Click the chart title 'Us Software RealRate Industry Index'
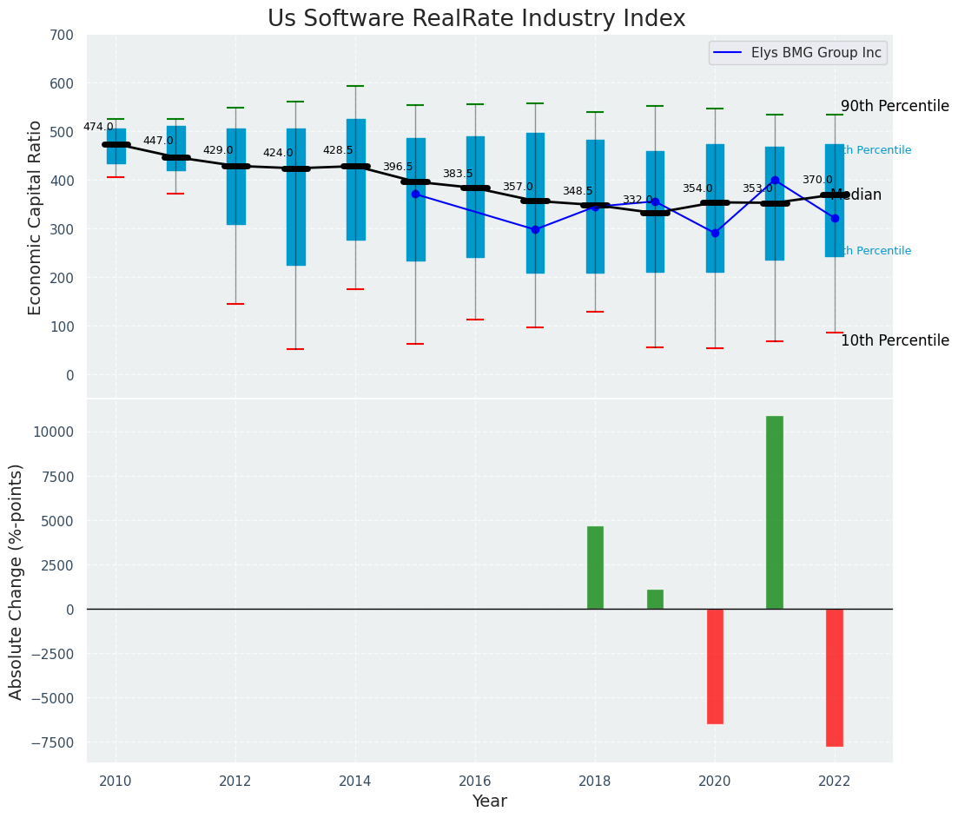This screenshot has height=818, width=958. coord(476,19)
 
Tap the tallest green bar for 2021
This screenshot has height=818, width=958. coord(774,512)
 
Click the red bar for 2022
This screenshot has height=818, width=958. coord(834,677)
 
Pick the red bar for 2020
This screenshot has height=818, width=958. coord(715,666)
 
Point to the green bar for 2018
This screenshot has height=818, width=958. coord(595,567)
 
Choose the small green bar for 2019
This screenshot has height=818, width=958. coord(655,599)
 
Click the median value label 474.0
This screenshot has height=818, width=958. coord(98,127)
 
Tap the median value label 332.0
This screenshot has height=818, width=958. coord(638,200)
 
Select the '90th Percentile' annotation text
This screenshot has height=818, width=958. coord(895,106)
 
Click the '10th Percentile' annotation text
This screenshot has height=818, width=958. coord(895,340)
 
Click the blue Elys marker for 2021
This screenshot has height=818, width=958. coord(775,181)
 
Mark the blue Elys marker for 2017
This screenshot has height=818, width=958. coord(535,229)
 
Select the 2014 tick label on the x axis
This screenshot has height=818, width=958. coord(354,782)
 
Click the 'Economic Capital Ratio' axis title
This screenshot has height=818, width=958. coord(36,217)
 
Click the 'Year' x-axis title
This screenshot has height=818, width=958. coord(489,802)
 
